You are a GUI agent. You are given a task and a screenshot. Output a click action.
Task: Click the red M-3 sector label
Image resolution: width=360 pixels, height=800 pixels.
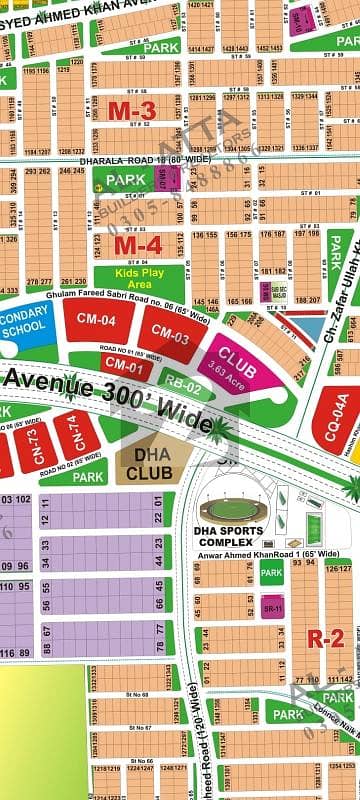point(132,111)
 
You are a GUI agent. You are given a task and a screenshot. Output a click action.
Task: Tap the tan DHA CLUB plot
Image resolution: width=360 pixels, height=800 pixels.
point(150,463)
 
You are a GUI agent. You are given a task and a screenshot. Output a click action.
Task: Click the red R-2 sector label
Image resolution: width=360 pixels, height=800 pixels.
point(325,640)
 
